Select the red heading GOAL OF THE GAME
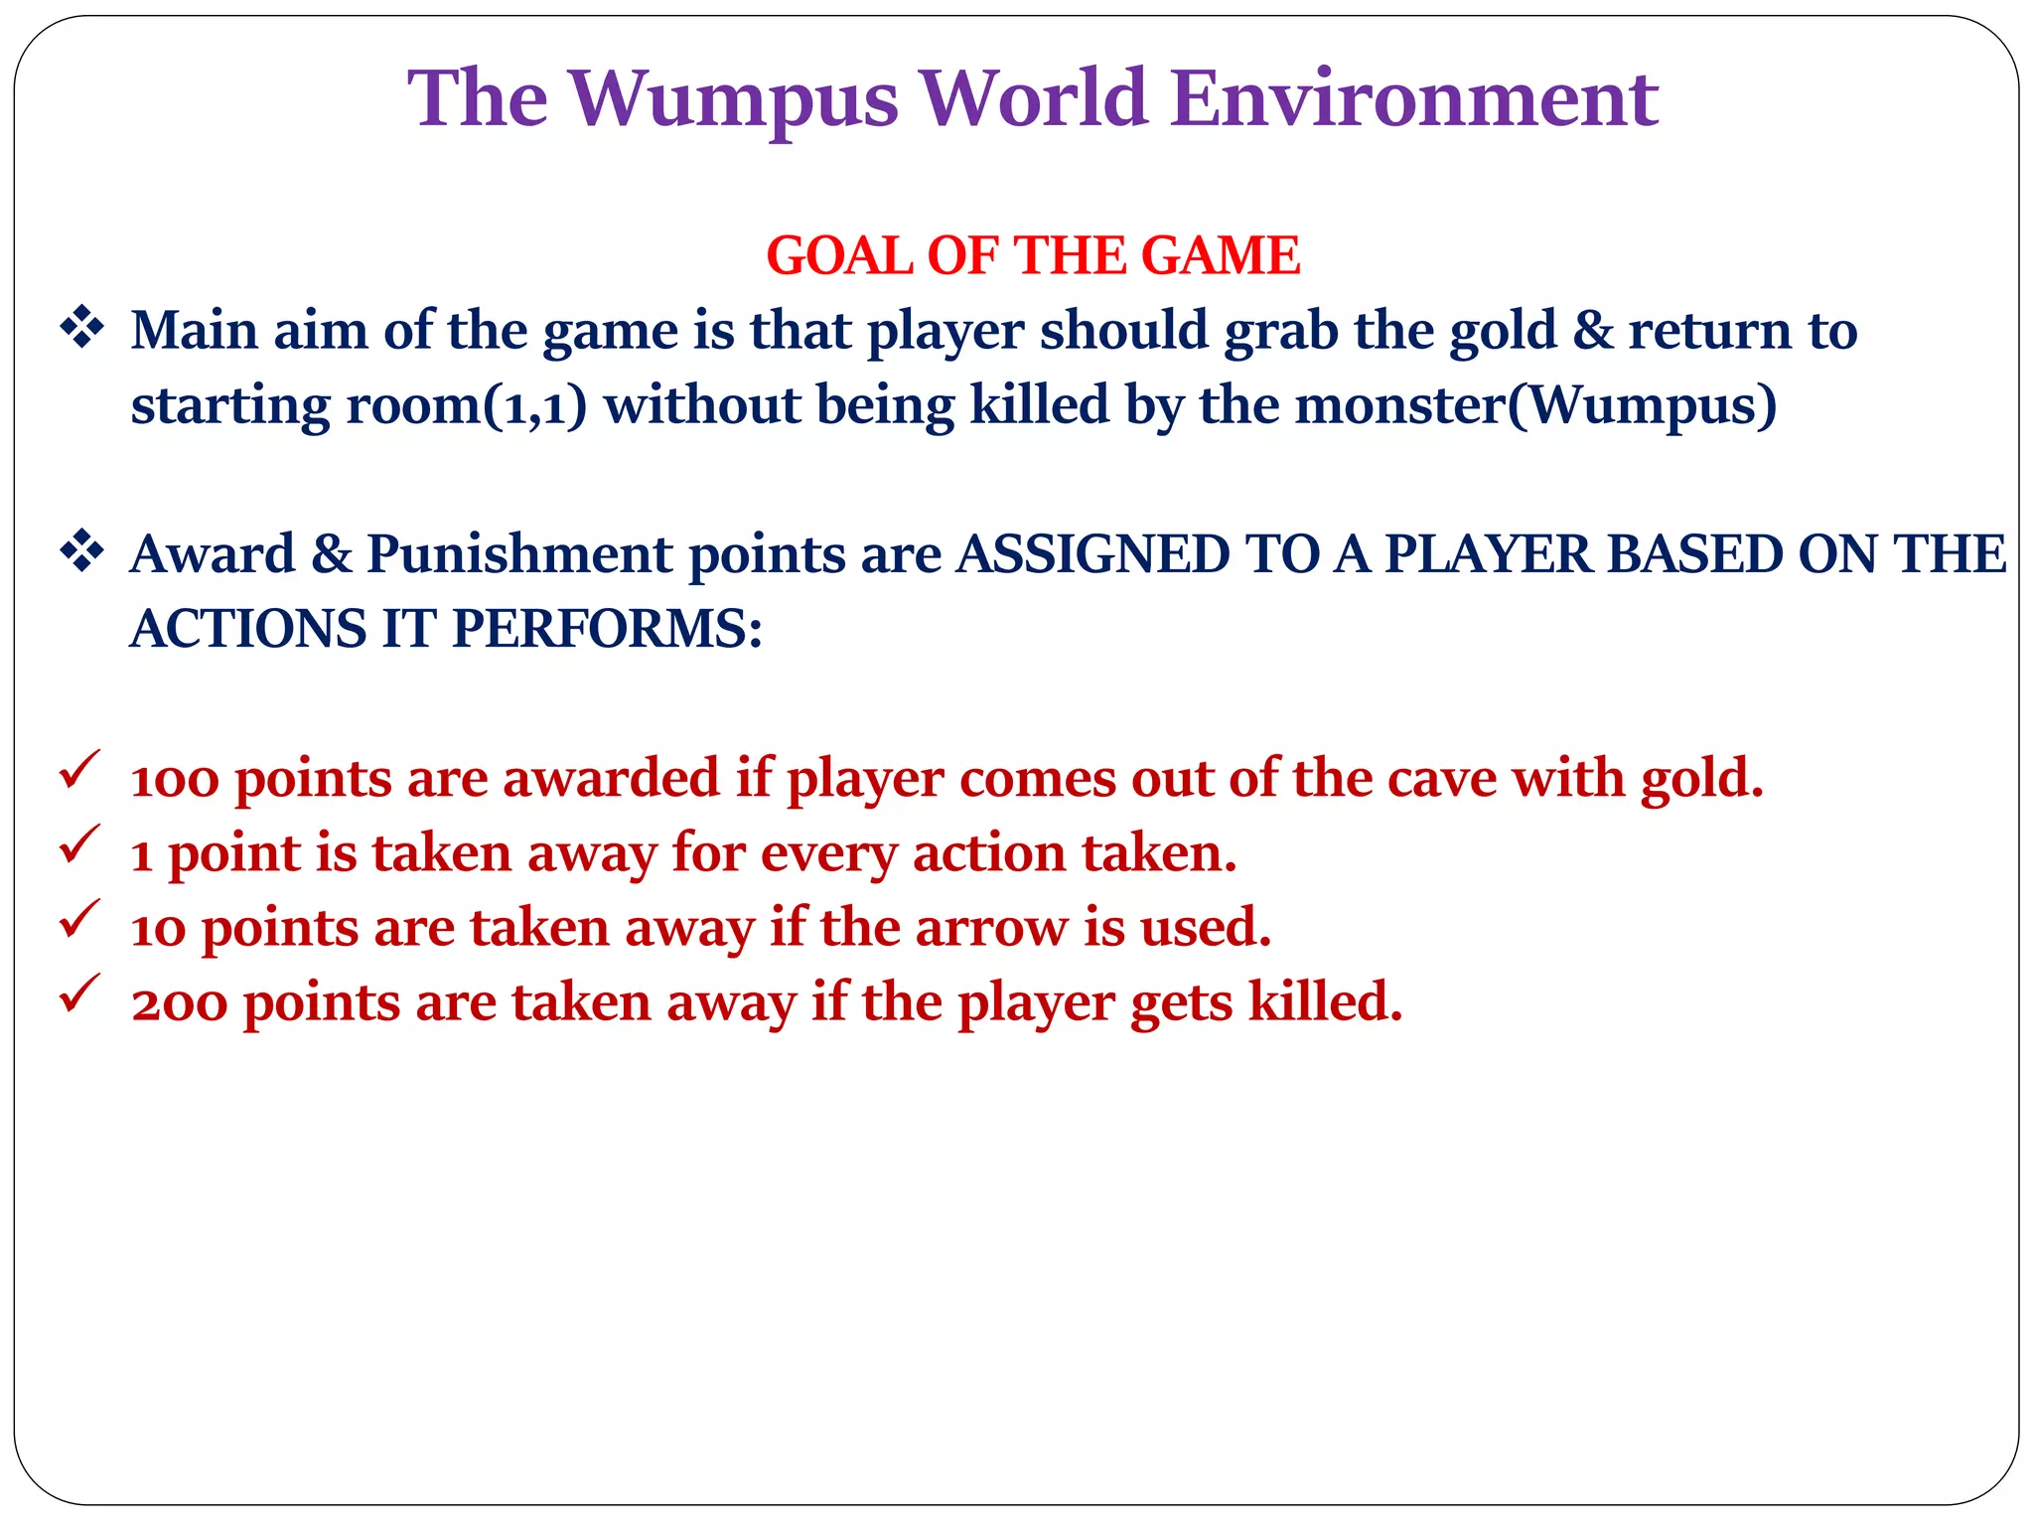(x=1033, y=255)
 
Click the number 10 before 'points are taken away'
(x=158, y=929)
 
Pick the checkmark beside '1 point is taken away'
(x=78, y=845)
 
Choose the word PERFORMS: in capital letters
(x=607, y=628)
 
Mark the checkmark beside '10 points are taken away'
(x=78, y=920)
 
